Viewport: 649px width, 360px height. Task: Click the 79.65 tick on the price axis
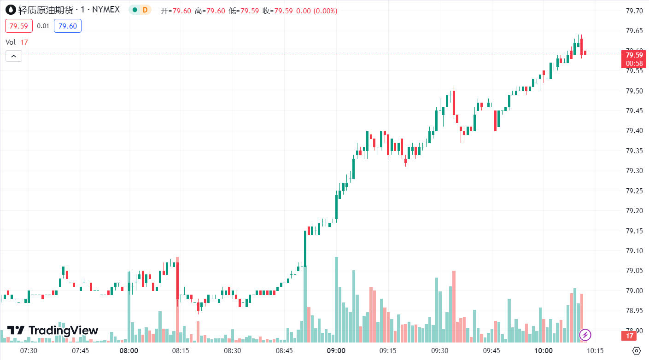point(634,31)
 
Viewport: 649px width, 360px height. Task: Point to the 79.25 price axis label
point(634,191)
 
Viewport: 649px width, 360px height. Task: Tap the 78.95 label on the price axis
point(634,311)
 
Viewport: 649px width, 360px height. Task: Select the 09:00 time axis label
point(336,351)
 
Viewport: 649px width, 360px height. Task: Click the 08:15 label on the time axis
point(181,351)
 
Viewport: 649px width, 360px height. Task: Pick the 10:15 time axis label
point(596,351)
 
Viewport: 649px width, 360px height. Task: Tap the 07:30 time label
point(29,351)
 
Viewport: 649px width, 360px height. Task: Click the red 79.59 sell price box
point(19,26)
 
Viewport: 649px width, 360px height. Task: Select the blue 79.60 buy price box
point(68,26)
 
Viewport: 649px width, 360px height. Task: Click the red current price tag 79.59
point(634,55)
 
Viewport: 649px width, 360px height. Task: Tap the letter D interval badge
point(145,10)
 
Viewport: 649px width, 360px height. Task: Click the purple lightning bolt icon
point(585,335)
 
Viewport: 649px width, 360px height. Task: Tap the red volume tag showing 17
point(629,336)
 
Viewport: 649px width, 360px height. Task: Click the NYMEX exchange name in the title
point(106,10)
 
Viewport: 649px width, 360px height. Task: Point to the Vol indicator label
point(11,42)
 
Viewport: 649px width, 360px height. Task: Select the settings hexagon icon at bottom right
point(637,351)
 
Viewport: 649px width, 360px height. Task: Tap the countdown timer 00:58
point(634,63)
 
